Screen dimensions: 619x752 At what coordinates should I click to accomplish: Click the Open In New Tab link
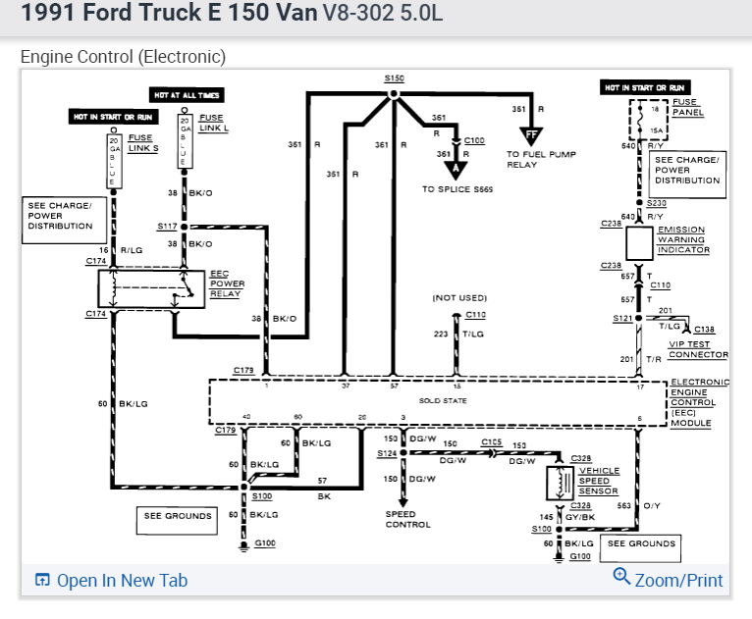click(x=111, y=580)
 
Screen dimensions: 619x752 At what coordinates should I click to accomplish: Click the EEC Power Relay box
click(x=151, y=287)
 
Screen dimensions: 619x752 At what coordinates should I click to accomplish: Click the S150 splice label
click(x=394, y=78)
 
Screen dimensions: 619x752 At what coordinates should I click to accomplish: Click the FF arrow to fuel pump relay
click(x=532, y=135)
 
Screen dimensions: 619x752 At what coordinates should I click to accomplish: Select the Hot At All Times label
click(x=187, y=95)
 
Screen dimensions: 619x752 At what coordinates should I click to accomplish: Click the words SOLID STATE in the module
click(x=442, y=400)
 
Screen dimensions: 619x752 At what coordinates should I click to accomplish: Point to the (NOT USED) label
click(x=459, y=297)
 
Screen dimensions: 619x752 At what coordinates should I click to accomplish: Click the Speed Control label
click(x=407, y=519)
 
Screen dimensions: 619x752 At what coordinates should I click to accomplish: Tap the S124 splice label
click(x=386, y=452)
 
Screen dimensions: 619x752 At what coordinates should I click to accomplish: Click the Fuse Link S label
click(x=140, y=142)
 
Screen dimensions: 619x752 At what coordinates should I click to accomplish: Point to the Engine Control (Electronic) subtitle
click(x=123, y=57)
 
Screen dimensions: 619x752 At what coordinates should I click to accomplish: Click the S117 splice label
click(x=166, y=226)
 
